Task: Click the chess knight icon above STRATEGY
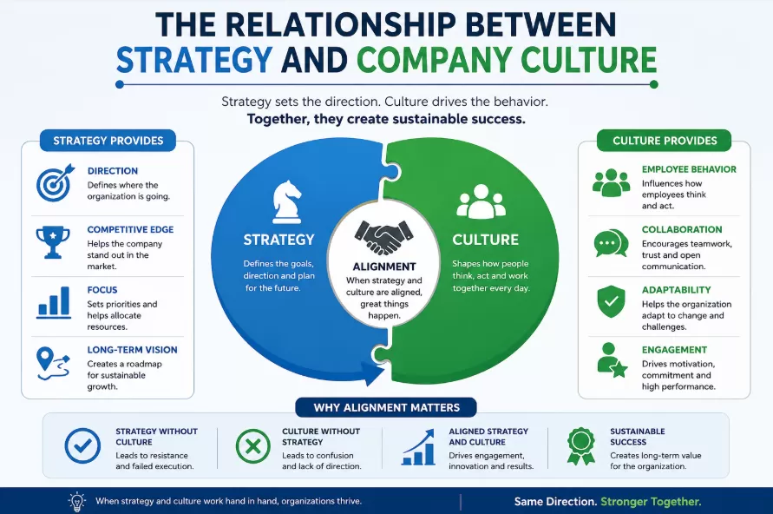pyautogui.click(x=286, y=202)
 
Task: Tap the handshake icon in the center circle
pyautogui.click(x=384, y=237)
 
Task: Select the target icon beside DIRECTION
pyautogui.click(x=56, y=183)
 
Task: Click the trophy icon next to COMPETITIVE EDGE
pyautogui.click(x=53, y=242)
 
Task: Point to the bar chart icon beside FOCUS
pyautogui.click(x=54, y=302)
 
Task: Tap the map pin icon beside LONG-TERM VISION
pyautogui.click(x=53, y=364)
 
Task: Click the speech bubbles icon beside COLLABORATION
pyautogui.click(x=612, y=243)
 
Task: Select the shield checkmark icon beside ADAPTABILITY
pyautogui.click(x=612, y=301)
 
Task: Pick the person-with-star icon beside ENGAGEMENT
pyautogui.click(x=612, y=360)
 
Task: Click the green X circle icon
pyautogui.click(x=253, y=446)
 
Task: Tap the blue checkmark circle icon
pyautogui.click(x=82, y=445)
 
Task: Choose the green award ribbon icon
pyautogui.click(x=581, y=446)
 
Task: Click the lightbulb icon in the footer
pyautogui.click(x=77, y=502)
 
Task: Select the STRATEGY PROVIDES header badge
pyautogui.click(x=108, y=141)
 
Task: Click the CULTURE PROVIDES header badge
pyautogui.click(x=664, y=141)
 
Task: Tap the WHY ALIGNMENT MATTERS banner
pyautogui.click(x=386, y=407)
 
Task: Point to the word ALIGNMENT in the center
pyautogui.click(x=384, y=267)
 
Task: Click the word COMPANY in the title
pyautogui.click(x=435, y=60)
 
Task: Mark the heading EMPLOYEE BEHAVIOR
pyautogui.click(x=689, y=169)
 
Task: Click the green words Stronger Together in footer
pyautogui.click(x=651, y=502)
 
